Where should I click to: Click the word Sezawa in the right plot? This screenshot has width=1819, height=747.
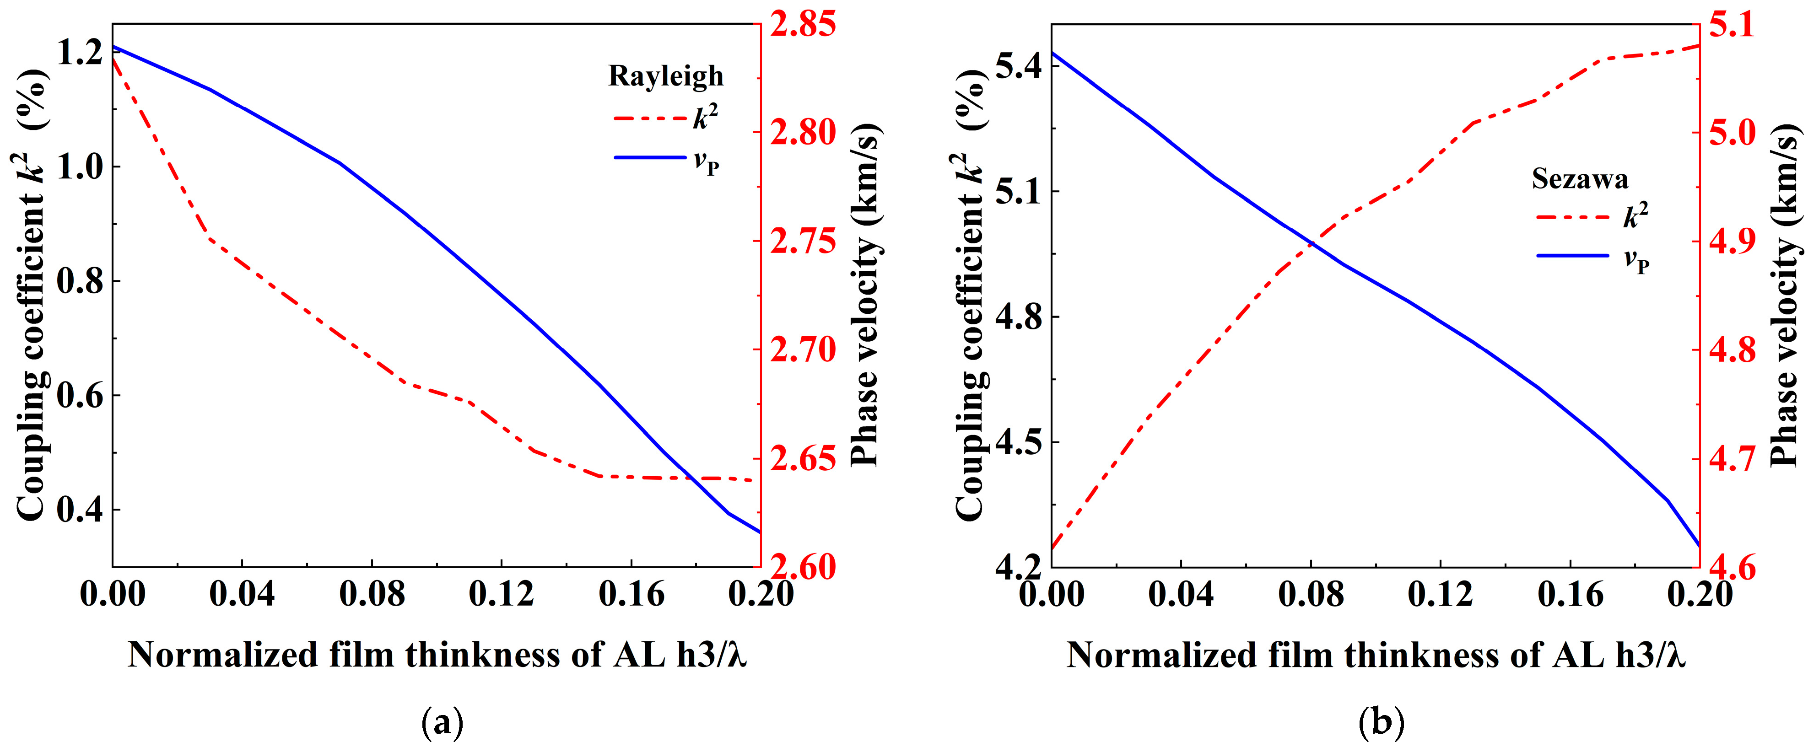click(1580, 179)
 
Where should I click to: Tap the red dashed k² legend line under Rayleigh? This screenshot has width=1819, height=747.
click(650, 118)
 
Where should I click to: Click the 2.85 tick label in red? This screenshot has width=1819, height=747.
click(803, 24)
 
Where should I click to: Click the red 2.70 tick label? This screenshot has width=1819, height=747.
click(803, 350)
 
